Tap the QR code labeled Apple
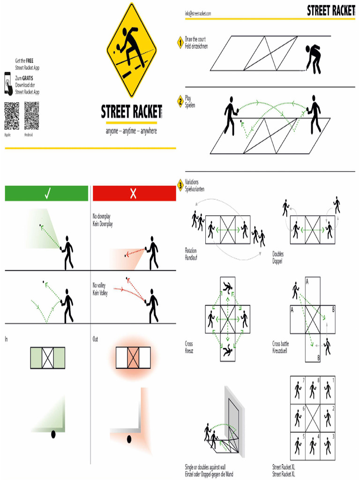(12, 116)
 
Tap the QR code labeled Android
(31, 116)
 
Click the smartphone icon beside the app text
(8, 83)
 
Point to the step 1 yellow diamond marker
(180, 43)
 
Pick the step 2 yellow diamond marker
(180, 101)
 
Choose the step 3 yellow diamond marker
(180, 185)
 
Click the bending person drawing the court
(314, 59)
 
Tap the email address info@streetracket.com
(198, 14)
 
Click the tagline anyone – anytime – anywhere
(131, 131)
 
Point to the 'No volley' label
(99, 285)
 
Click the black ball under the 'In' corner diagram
(53, 435)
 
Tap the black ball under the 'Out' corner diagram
(129, 439)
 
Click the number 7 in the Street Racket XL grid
(303, 380)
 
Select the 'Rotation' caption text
(191, 251)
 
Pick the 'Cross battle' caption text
(281, 344)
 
